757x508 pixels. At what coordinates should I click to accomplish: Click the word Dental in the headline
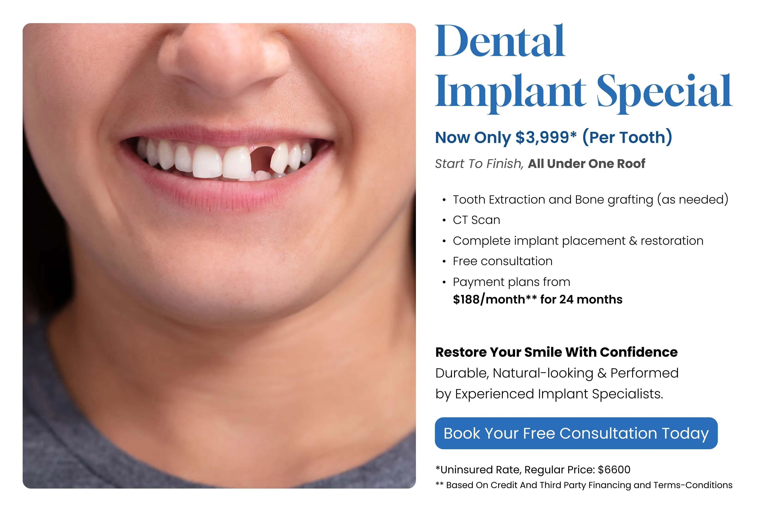(500, 41)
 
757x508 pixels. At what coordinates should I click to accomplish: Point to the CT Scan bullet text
(476, 220)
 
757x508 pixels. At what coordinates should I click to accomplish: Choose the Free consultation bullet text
(503, 261)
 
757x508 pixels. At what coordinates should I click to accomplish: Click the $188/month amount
(489, 300)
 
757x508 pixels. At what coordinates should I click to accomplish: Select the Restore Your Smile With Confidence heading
(556, 352)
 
